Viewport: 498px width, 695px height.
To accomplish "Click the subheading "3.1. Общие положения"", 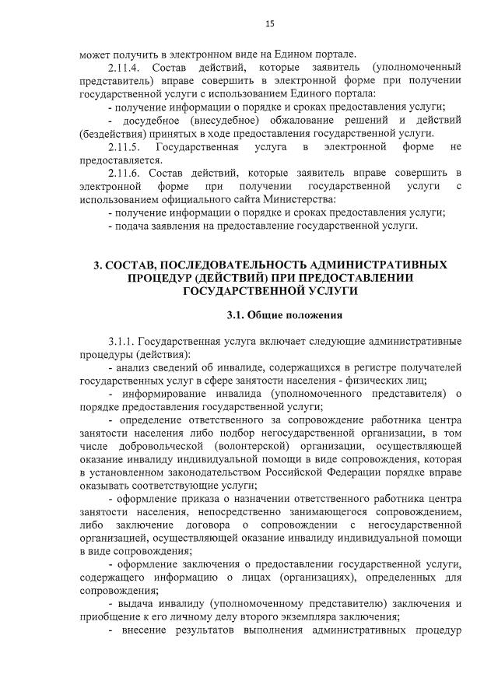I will [284, 316].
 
